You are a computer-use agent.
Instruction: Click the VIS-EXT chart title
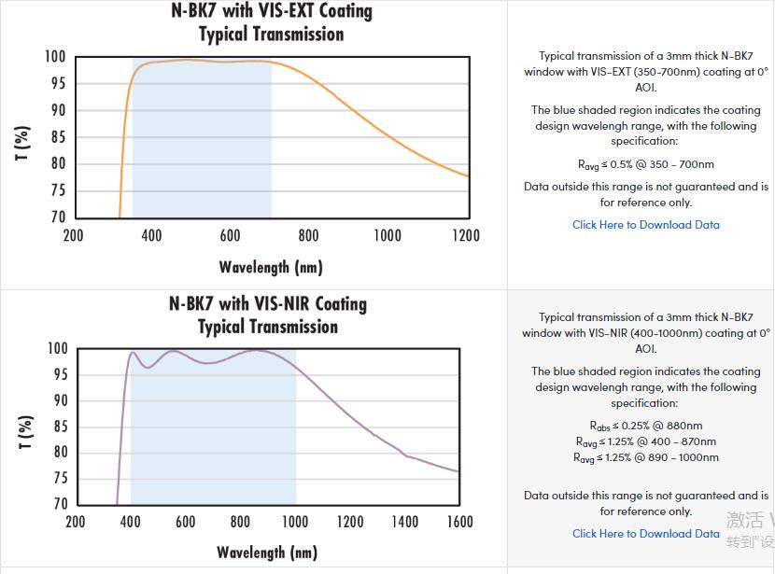[x=271, y=22]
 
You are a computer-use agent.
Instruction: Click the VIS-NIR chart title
[x=268, y=315]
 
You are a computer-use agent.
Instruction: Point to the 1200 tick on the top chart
[x=465, y=235]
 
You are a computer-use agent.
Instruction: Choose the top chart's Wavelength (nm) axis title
[x=271, y=267]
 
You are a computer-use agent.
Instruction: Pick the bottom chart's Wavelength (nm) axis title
[x=267, y=552]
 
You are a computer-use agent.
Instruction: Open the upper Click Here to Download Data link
[x=646, y=225]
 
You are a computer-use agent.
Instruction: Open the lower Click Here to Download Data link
[x=646, y=534]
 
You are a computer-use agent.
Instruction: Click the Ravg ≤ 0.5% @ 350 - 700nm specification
[x=646, y=164]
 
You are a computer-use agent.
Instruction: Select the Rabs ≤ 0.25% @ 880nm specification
[x=646, y=427]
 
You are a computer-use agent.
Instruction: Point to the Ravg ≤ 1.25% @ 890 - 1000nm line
[x=646, y=457]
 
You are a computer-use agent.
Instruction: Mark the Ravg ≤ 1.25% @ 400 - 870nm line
[x=646, y=441]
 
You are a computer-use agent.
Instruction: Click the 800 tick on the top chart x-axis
[x=308, y=235]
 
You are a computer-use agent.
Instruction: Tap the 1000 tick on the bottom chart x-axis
[x=295, y=522]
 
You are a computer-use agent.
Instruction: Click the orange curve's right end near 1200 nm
[x=467, y=175]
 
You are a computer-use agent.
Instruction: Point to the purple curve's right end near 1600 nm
[x=458, y=471]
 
